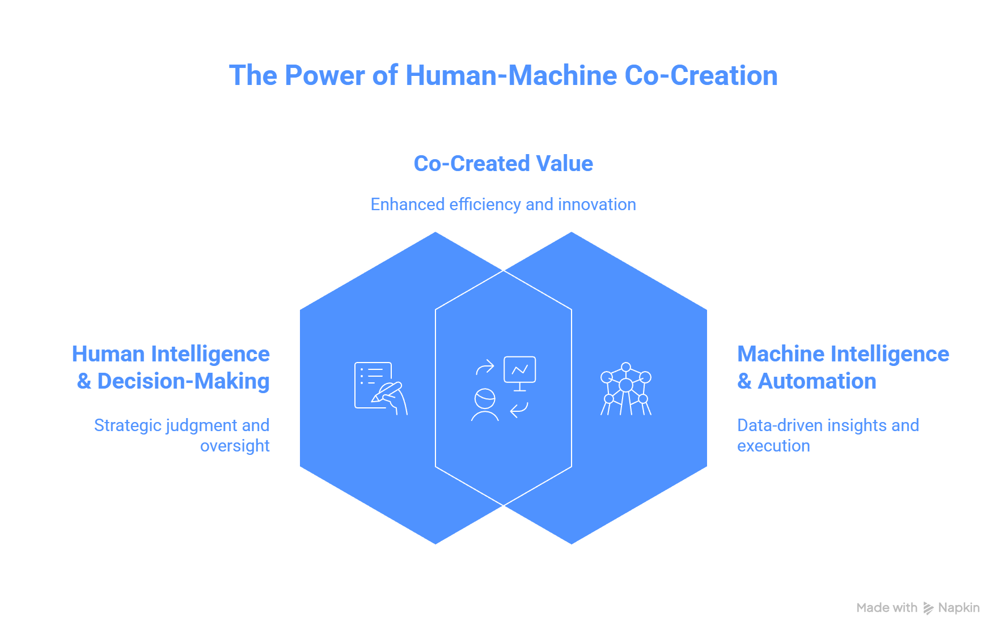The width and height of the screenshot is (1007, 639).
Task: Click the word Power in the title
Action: (324, 76)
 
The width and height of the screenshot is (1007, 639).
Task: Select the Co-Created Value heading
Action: (503, 164)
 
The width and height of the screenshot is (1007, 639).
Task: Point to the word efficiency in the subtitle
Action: (485, 205)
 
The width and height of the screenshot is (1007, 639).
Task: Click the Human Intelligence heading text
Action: (171, 354)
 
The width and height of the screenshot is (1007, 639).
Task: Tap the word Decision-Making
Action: (183, 382)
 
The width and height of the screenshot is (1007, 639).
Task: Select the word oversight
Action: (235, 446)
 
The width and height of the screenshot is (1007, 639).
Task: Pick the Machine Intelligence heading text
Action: (843, 354)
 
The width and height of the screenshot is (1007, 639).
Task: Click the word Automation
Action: (817, 381)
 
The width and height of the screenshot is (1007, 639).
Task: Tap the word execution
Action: (773, 446)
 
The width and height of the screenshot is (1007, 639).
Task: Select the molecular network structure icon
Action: (626, 389)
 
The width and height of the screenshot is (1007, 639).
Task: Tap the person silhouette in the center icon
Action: (485, 404)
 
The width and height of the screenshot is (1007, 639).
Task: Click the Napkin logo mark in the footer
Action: (928, 608)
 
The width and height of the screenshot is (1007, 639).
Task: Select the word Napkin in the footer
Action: (959, 608)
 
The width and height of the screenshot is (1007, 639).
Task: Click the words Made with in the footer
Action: (887, 608)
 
